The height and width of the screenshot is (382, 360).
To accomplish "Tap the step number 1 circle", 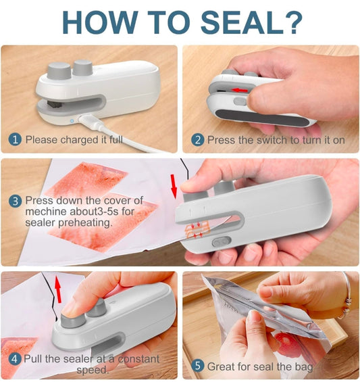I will [16, 140].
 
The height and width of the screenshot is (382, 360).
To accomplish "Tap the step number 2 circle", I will [197, 140].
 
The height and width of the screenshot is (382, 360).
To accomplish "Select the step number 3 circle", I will [16, 200].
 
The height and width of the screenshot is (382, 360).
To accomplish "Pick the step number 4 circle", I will [14, 358].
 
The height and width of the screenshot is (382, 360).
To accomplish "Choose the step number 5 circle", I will [197, 366].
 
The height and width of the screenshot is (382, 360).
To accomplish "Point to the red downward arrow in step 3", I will [174, 185].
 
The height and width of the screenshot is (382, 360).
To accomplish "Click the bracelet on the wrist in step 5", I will [346, 285].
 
